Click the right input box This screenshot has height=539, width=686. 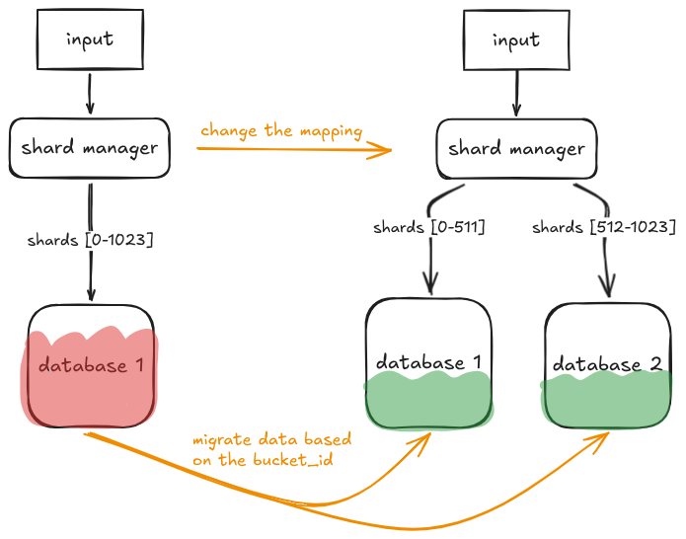point(516,41)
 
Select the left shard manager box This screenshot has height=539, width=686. point(90,149)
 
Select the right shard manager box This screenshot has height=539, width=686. point(516,150)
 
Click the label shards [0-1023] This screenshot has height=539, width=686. point(91,239)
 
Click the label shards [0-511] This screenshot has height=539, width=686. point(428,228)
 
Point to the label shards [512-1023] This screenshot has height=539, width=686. point(603,228)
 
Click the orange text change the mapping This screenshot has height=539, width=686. point(281,130)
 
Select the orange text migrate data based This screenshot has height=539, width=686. point(272,439)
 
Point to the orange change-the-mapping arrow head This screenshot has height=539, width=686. point(385,150)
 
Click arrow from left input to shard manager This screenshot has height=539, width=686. point(90,95)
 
